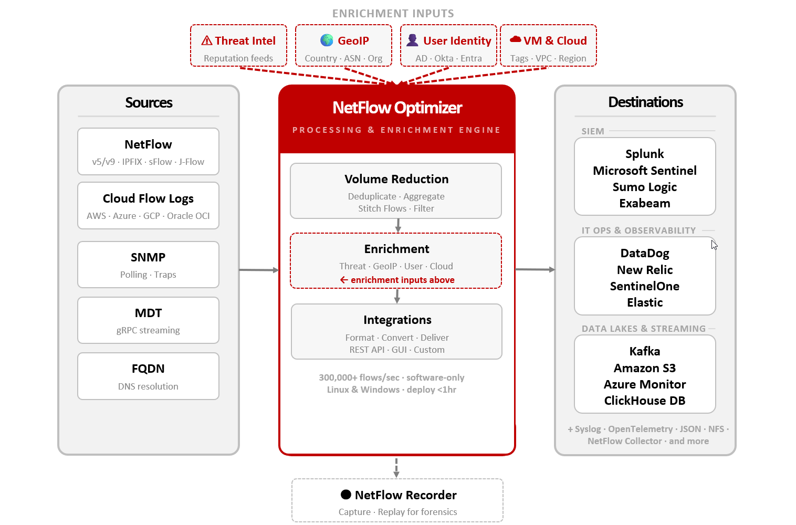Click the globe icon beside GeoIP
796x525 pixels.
[x=327, y=40]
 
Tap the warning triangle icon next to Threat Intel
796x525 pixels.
[x=207, y=40]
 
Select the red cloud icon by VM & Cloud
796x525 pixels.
[x=515, y=39]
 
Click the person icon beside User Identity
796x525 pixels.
[x=413, y=40]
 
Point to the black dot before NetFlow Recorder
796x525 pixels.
[x=346, y=495]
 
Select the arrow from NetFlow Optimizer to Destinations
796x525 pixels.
[x=535, y=269]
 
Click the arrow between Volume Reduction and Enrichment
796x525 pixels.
[x=398, y=225]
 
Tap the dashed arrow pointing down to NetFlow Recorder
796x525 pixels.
[x=396, y=467]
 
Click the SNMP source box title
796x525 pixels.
[x=148, y=257]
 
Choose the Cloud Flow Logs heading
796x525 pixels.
[x=148, y=198]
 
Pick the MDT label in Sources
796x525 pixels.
[x=148, y=313]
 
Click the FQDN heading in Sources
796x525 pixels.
[x=148, y=369]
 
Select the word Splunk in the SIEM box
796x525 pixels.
[x=644, y=154]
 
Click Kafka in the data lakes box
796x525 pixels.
[x=644, y=351]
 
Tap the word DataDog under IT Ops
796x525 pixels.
[x=644, y=253]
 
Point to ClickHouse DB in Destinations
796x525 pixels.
[x=644, y=401]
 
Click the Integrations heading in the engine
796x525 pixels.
[x=397, y=320]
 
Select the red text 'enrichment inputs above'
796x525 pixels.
[x=402, y=280]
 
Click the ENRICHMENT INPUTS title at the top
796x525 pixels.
[x=393, y=14]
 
